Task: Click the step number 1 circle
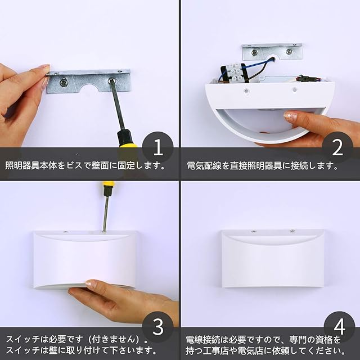click(158, 147)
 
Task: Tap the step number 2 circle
click(337, 147)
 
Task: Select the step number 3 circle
click(158, 327)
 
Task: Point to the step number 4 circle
click(339, 327)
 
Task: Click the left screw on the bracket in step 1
click(64, 83)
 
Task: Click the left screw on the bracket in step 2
click(254, 52)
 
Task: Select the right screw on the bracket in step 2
click(289, 51)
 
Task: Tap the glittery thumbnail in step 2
click(291, 116)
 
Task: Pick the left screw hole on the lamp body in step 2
click(246, 91)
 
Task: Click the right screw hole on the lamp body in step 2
click(295, 90)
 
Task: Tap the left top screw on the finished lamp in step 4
click(254, 232)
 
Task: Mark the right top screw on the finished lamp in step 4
click(292, 231)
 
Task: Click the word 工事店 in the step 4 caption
click(214, 350)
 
